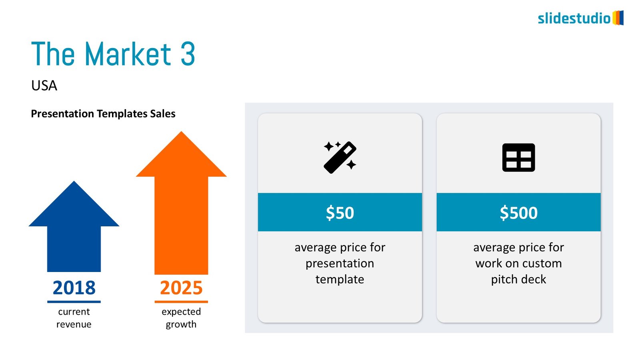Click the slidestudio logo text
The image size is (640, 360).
coord(574,18)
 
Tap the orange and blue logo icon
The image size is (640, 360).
coord(618,18)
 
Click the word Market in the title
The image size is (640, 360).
coord(128,54)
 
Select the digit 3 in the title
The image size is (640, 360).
coord(188,54)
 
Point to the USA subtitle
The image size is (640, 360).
coord(44,86)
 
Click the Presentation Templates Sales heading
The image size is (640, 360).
coord(103,114)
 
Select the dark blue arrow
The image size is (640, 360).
coord(74,232)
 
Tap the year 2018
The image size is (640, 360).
coord(74,288)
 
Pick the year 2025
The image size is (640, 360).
coord(181,288)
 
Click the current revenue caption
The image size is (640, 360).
coord(74,318)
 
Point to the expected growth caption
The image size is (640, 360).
coord(181,318)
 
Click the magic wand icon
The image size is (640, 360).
coord(340,157)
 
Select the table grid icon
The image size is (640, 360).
coord(518,158)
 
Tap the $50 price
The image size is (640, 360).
coord(340,213)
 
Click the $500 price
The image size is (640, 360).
coord(518,213)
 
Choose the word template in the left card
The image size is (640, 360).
coord(340,279)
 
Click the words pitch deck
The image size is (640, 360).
coord(518,279)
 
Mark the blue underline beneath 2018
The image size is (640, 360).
coord(74,302)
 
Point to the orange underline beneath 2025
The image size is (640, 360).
coord(181,302)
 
